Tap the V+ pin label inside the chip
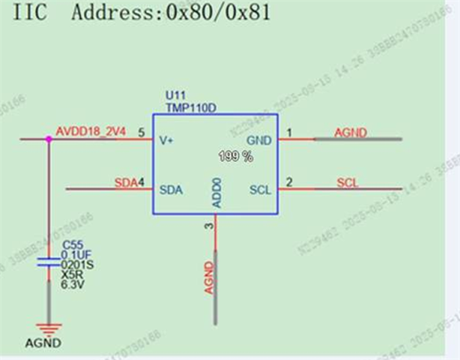tap(167, 139)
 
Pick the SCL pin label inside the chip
tap(259, 190)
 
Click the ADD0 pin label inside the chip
tap(216, 193)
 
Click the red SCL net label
tap(347, 182)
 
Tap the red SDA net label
tap(124, 182)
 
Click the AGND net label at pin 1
tap(349, 132)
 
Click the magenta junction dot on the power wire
tap(49, 139)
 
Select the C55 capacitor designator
tap(72, 244)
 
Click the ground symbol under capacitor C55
tap(49, 328)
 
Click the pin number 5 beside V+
tap(142, 132)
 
